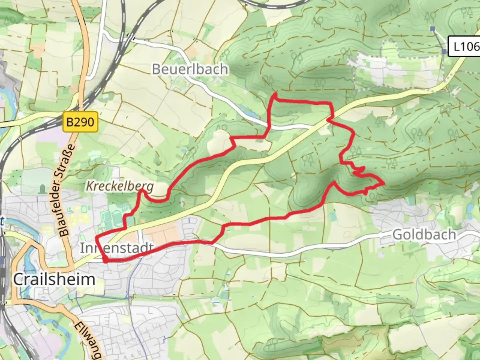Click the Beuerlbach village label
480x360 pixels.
pos(190,69)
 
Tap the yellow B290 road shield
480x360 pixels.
pos(80,122)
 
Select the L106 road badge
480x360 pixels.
pos(464,46)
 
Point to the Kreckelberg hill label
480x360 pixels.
pos(120,186)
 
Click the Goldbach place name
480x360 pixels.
pos(424,235)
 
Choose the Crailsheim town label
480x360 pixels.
pos(54,279)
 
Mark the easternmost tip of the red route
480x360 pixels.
pos(384,183)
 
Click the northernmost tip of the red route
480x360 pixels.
pos(275,94)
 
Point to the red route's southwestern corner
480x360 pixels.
pos(105,262)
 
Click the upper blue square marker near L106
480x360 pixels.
pos(432,29)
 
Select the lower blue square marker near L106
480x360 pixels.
pos(444,52)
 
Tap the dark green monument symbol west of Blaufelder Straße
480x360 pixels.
pos(42,189)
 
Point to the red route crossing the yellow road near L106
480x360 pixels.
pos(329,119)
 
